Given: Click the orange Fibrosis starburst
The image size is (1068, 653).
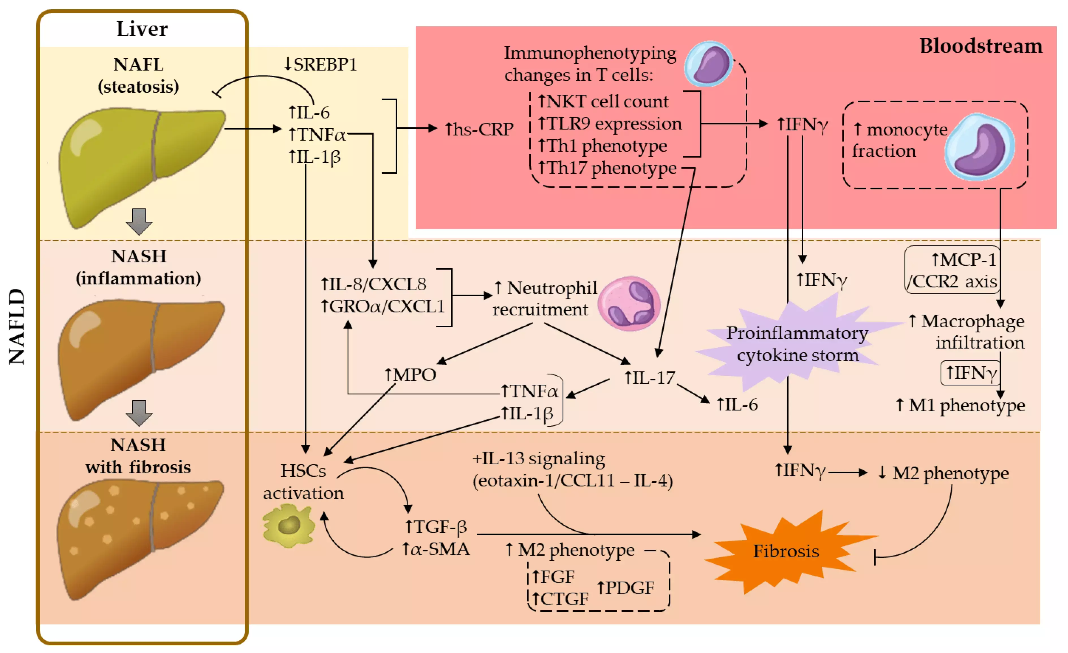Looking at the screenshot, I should click(786, 551).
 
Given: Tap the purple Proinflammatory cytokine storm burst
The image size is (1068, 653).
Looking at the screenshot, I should click(797, 344).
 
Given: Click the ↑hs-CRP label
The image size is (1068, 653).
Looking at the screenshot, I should click(479, 129).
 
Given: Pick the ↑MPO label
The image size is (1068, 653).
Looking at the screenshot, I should click(410, 375).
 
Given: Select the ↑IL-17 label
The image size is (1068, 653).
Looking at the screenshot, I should click(649, 378).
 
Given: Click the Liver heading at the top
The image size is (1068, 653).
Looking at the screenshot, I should click(142, 29).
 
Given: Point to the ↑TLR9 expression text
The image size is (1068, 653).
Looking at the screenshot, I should click(609, 124).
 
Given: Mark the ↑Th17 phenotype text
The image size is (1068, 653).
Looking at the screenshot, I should click(607, 168).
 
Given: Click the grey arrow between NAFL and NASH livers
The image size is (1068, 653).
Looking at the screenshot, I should click(139, 221).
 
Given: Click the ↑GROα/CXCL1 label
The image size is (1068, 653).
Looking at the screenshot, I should click(382, 306).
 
